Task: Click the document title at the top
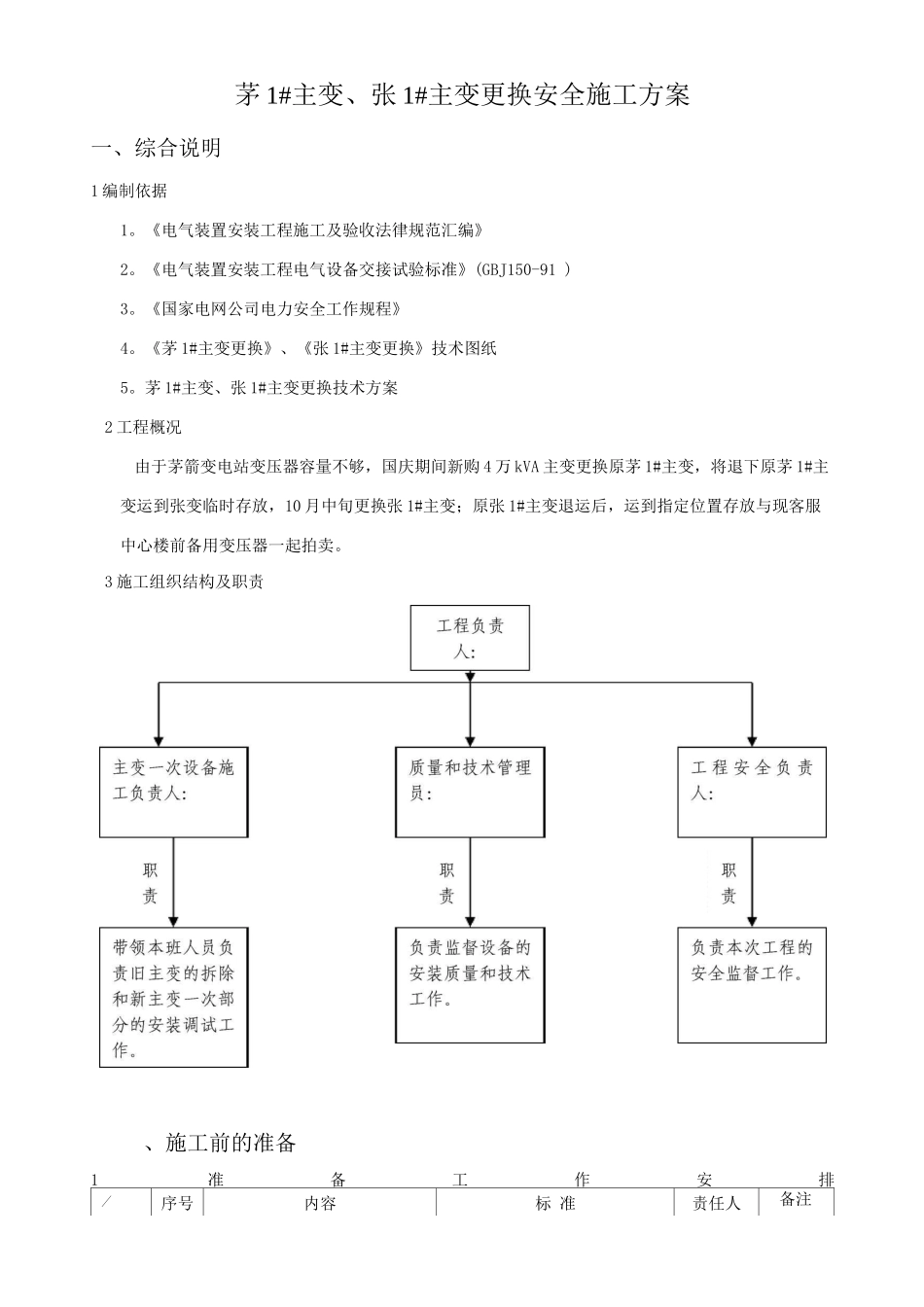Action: pos(462,95)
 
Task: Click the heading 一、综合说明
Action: pos(156,148)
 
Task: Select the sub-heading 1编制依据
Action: pos(128,191)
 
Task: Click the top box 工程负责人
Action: pos(470,638)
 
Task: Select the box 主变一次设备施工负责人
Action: pos(173,792)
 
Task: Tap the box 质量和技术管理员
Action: pos(470,792)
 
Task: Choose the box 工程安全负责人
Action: pos(752,792)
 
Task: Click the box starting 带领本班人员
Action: pos(173,998)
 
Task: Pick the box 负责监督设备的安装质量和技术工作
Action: pos(470,985)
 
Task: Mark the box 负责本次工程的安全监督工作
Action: pos(752,985)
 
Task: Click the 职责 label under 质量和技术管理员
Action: pos(446,883)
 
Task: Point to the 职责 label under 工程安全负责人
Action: pos(729,883)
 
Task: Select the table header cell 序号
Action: pos(177,1203)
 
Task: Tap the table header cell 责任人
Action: pos(716,1203)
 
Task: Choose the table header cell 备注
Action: pos(796,1200)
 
